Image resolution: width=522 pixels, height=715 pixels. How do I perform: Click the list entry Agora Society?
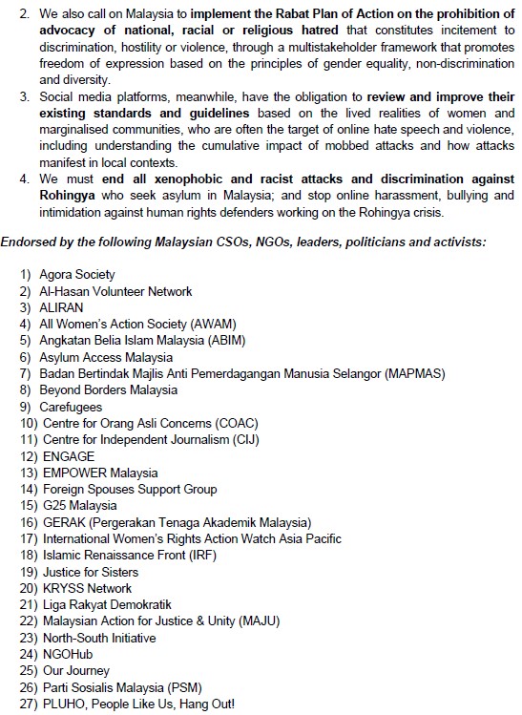point(77,275)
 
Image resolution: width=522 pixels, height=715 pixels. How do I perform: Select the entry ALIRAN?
point(62,307)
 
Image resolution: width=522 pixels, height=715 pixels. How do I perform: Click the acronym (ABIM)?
point(243,341)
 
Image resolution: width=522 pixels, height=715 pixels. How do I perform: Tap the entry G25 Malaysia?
point(79,505)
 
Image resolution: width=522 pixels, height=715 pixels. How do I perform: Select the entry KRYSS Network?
point(87,588)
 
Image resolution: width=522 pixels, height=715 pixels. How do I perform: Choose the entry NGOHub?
point(67,654)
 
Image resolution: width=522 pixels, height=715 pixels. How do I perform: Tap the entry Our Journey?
point(75,671)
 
